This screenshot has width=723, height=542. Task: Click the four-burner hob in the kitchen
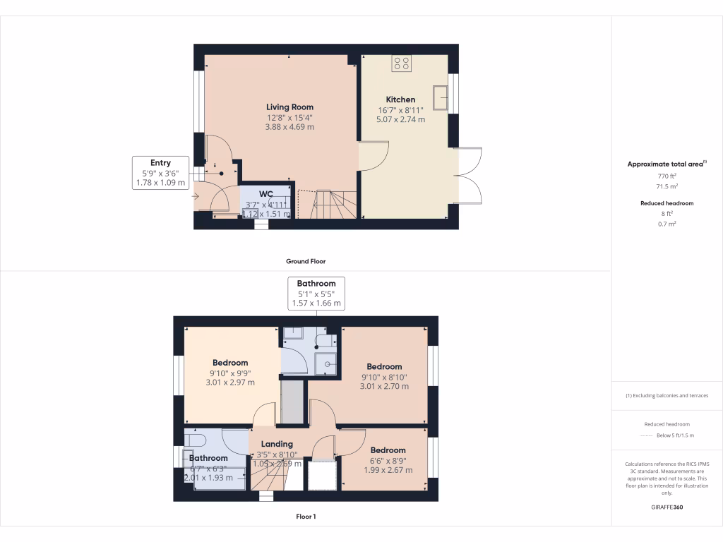click(x=402, y=64)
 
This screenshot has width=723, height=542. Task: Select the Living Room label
click(x=289, y=107)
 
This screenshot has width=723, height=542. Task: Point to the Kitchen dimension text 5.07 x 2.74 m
click(x=400, y=120)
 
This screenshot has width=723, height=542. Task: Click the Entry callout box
click(x=161, y=173)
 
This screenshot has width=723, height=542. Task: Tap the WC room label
click(x=266, y=194)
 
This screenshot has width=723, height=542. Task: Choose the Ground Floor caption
click(x=305, y=261)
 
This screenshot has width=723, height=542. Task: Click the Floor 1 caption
click(x=305, y=517)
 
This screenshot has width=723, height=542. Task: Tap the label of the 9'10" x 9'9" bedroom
click(x=229, y=363)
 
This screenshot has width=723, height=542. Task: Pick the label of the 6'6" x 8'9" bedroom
click(x=388, y=450)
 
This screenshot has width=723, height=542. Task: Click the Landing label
click(x=277, y=444)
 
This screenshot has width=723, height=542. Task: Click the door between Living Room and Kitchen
click(x=374, y=155)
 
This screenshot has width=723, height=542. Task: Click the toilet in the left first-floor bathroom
click(x=194, y=440)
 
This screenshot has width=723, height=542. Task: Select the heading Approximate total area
click(x=666, y=164)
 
